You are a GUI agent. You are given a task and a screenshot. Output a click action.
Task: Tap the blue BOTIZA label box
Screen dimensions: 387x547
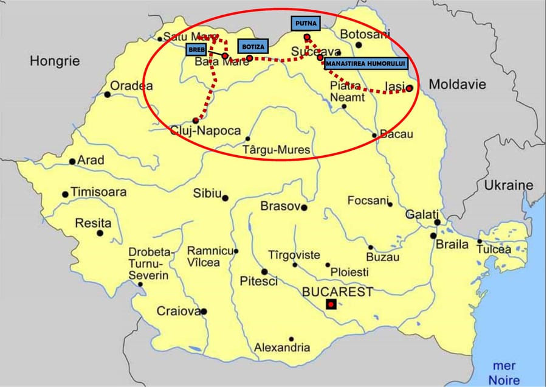pos(252,46)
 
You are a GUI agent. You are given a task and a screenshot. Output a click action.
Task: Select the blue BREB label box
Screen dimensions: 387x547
pos(196,49)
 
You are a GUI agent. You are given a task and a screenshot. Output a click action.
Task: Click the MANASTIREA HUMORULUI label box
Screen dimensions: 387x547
pos(365,63)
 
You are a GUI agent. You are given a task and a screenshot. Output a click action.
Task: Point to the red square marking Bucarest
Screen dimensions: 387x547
pos(330,303)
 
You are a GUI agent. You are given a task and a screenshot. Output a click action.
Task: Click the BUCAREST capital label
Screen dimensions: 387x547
pos(337,291)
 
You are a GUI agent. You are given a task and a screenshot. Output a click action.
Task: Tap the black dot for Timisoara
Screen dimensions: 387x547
pos(65,195)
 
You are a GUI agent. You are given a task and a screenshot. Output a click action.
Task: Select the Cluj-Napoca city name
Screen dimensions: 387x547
pos(205,131)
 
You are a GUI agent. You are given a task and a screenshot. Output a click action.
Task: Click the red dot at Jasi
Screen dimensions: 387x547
pos(410,88)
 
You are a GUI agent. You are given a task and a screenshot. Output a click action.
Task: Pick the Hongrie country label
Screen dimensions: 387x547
pos(55,61)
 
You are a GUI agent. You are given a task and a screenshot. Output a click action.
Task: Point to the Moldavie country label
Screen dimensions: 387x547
pos(458,85)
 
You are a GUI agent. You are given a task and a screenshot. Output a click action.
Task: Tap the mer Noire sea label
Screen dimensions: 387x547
pos(504,372)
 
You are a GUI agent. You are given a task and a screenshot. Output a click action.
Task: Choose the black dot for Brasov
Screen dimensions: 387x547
pos(304,207)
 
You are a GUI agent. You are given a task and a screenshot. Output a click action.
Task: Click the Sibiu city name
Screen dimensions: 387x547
pos(207,194)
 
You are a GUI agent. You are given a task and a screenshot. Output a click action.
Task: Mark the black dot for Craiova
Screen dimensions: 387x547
pos(204,312)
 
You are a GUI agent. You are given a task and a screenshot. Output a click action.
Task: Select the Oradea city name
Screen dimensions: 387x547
pos(131,85)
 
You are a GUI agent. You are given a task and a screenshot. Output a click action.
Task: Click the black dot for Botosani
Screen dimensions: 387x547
pos(359,44)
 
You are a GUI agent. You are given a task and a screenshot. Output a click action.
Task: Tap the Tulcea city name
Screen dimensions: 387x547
pos(494,249)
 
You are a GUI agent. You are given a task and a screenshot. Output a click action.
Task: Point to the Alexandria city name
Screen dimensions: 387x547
pos(282,348)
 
